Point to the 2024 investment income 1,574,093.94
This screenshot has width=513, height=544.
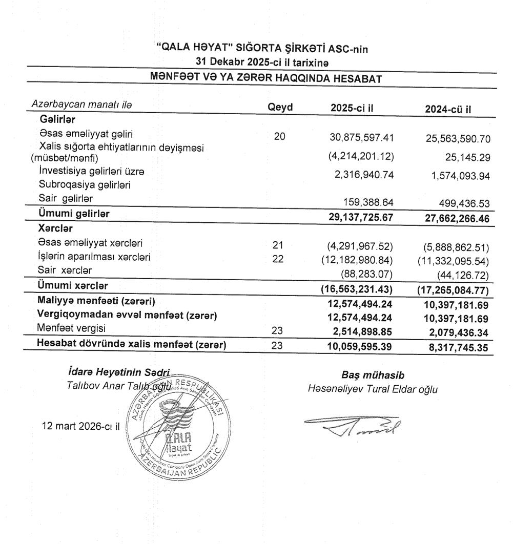455,176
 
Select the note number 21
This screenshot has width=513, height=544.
278,243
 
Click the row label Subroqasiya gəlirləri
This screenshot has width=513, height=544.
85,185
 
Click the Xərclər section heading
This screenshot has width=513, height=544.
53,231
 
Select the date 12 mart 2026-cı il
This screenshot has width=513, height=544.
80,425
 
